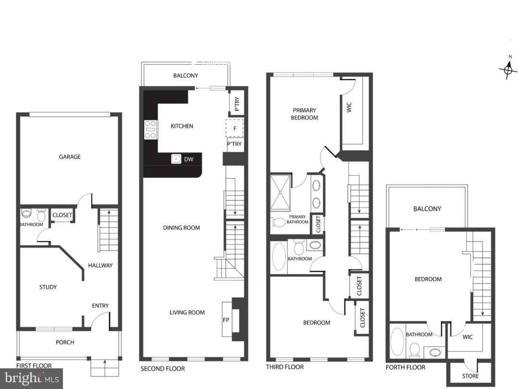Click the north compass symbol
508,70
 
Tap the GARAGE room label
70,157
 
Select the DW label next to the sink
189,159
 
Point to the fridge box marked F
235,128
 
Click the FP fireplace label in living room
226,318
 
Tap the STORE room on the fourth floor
470,376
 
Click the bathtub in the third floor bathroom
279,258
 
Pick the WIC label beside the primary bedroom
349,108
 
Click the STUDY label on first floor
48,287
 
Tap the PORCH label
64,342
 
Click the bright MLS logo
31,379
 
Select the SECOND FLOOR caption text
162,369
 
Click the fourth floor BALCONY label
427,209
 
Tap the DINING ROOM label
181,228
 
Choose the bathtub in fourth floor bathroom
397,341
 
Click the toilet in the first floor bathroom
27,214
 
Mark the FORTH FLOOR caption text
405,367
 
